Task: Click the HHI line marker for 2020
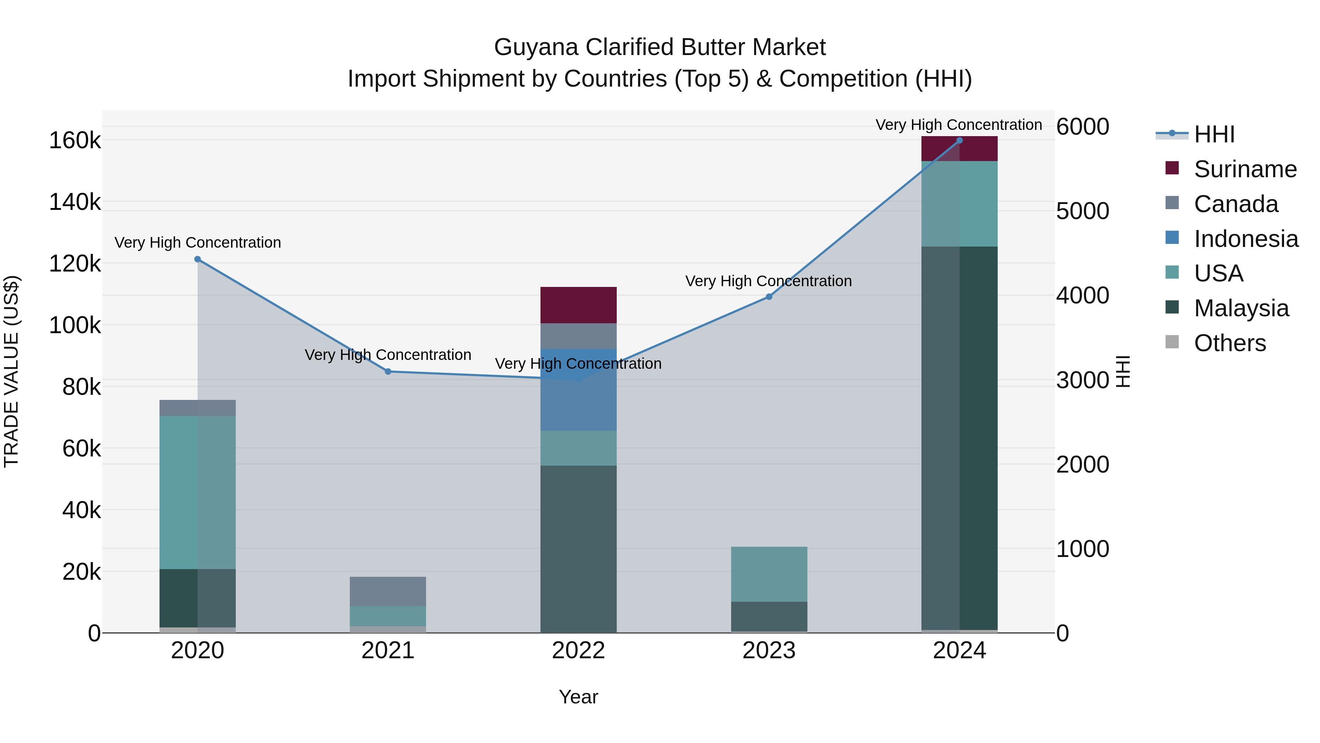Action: [198, 259]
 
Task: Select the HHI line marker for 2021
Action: [388, 372]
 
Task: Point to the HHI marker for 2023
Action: [769, 297]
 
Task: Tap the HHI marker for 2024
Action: [959, 141]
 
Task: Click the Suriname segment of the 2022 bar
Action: [579, 305]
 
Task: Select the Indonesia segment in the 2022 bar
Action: [579, 390]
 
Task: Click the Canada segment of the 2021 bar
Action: [388, 591]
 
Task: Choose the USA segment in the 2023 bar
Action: [769, 574]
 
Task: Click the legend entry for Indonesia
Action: [1245, 239]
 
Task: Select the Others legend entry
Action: [1229, 343]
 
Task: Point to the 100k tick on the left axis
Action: [75, 325]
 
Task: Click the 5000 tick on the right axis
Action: [1083, 211]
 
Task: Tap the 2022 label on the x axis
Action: [579, 651]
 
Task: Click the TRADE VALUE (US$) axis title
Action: [11, 371]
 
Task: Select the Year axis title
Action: [579, 697]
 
